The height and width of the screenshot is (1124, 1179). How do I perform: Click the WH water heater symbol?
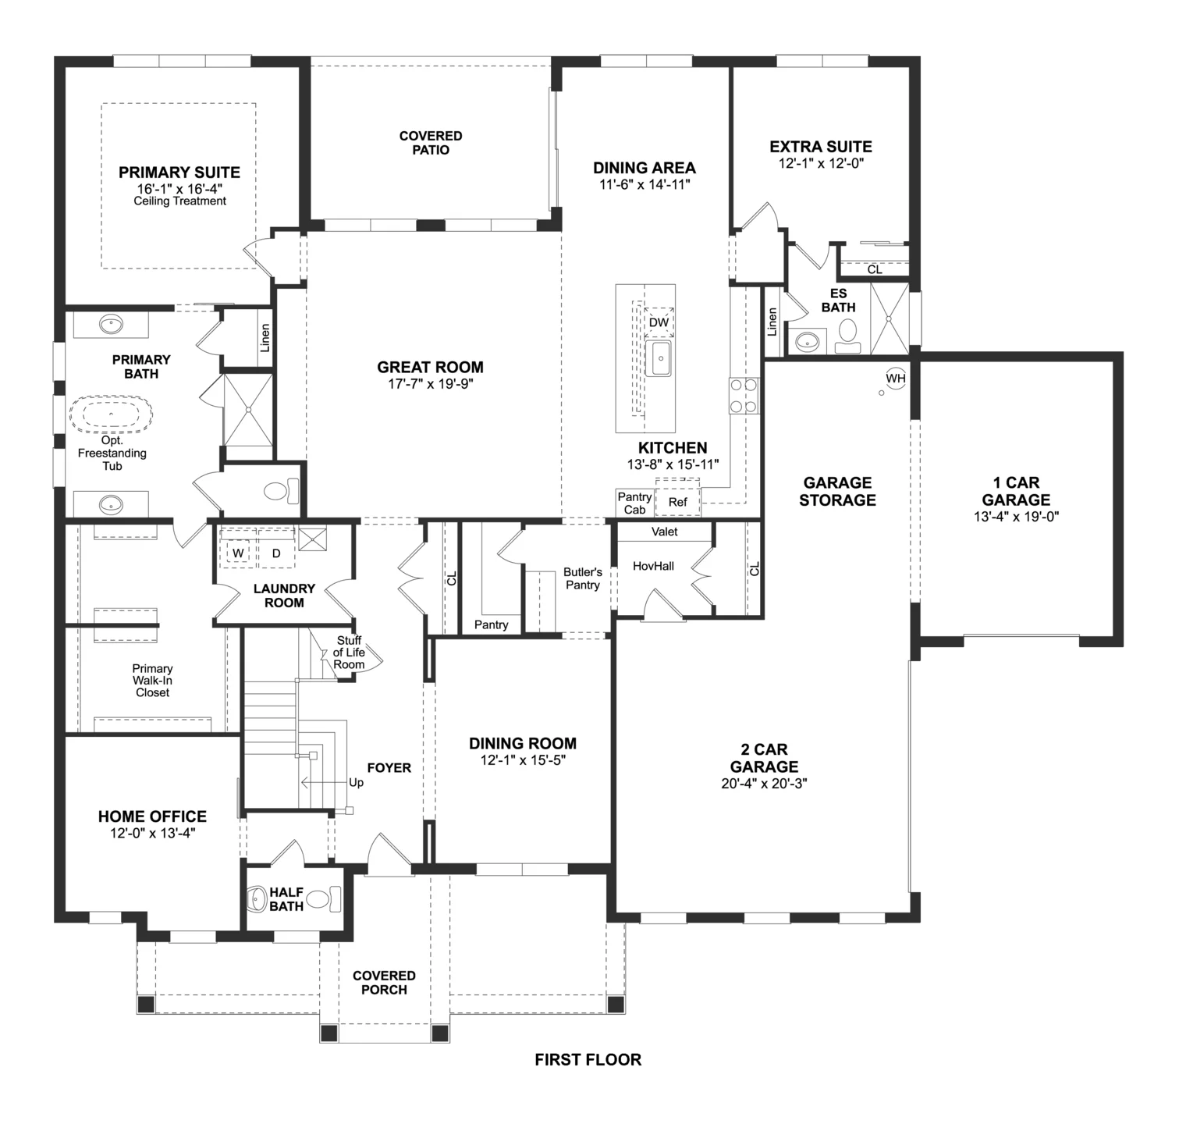tap(896, 379)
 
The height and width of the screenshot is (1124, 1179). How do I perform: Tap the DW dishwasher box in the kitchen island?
tap(659, 322)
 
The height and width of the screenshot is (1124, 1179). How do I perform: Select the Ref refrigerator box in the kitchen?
tap(677, 502)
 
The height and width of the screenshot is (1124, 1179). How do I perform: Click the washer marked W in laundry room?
tap(238, 553)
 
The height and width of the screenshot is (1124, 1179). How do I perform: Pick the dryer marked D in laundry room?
tap(275, 553)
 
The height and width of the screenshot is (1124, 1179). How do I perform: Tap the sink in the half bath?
tap(258, 899)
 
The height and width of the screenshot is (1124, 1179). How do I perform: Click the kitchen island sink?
tap(660, 358)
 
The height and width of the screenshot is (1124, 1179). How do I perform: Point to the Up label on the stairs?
tap(356, 782)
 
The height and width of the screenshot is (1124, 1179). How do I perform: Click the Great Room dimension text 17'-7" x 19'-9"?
tap(430, 383)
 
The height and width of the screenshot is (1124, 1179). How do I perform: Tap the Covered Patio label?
tap(431, 143)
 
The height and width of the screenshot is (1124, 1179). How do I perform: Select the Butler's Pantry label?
tap(582, 578)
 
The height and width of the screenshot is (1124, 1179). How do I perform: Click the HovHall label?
tap(653, 566)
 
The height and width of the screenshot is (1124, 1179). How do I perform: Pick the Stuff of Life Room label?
tap(349, 653)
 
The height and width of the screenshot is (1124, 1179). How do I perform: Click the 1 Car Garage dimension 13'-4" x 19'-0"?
tap(1016, 516)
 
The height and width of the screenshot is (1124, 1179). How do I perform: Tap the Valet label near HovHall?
tap(665, 532)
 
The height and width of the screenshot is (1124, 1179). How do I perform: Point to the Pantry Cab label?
tap(634, 503)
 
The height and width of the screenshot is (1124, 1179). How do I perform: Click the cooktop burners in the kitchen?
tap(744, 395)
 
